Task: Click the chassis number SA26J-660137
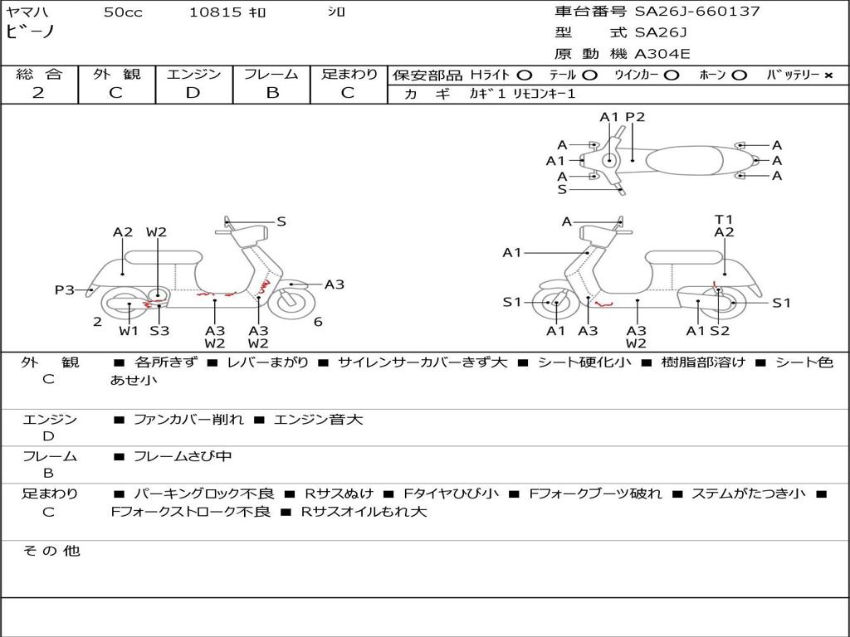(697, 12)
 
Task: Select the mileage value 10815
(215, 12)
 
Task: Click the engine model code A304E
(662, 55)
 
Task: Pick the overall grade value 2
(38, 93)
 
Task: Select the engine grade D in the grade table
(193, 93)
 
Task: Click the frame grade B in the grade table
(271, 93)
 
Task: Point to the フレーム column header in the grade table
(271, 74)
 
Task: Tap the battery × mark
(828, 75)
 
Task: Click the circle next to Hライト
(524, 75)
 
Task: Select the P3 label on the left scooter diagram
(65, 289)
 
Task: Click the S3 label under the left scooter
(159, 331)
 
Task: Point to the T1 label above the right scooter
(724, 220)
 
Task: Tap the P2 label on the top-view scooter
(635, 117)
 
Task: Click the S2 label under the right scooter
(719, 331)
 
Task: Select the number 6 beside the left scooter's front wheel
(318, 322)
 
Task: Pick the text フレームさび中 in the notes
(183, 456)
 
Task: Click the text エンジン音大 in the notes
(318, 420)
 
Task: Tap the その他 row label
(50, 551)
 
